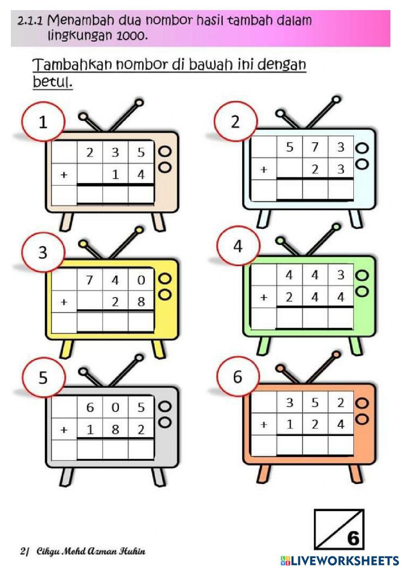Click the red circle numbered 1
(43, 122)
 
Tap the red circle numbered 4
(238, 246)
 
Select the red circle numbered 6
(238, 377)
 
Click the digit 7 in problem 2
(315, 147)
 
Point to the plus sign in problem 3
(64, 302)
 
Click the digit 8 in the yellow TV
(141, 302)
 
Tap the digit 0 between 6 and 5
(115, 408)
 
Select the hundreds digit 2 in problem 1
(90, 152)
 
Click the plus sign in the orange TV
(264, 424)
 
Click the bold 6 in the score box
(353, 538)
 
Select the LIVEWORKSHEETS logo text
(344, 560)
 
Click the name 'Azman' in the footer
(104, 551)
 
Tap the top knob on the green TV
(362, 275)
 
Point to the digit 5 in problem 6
(315, 403)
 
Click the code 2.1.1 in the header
(30, 21)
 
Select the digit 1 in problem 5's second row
(90, 430)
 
